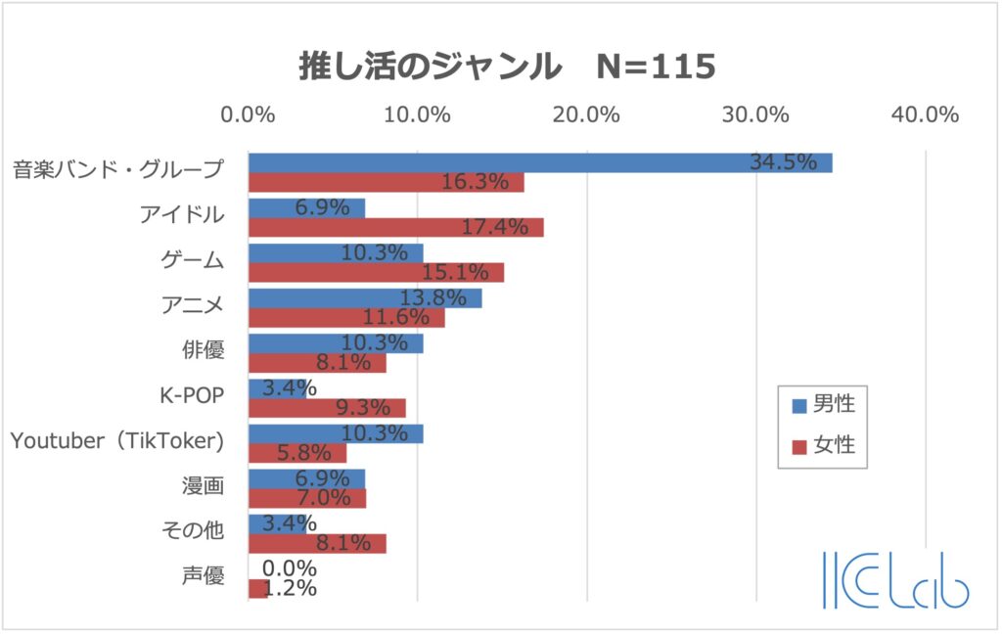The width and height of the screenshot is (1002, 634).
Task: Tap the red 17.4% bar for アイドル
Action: (x=395, y=227)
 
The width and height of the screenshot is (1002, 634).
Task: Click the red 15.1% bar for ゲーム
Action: (x=376, y=272)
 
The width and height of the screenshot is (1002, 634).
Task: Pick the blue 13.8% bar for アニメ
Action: (x=364, y=297)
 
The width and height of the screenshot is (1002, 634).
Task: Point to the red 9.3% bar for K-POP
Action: (x=327, y=408)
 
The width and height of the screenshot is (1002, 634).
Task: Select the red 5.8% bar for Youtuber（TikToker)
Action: (x=297, y=453)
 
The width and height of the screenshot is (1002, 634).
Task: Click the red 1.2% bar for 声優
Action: (x=257, y=588)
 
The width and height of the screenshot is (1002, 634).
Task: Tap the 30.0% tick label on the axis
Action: (x=756, y=114)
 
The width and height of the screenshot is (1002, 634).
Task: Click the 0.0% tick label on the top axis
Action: (x=249, y=114)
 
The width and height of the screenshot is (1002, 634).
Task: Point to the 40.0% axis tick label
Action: (x=925, y=114)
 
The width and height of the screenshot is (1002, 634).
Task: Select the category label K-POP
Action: (x=192, y=396)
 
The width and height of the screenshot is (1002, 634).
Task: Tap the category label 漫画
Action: (x=203, y=486)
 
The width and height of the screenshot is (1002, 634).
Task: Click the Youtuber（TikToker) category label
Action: (x=117, y=441)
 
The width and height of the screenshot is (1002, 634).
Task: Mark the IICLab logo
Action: (x=895, y=581)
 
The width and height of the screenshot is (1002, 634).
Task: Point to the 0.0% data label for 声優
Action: (x=291, y=568)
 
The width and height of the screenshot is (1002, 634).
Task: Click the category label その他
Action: (x=192, y=531)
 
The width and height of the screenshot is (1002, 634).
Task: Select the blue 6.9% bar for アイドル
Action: (x=306, y=207)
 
